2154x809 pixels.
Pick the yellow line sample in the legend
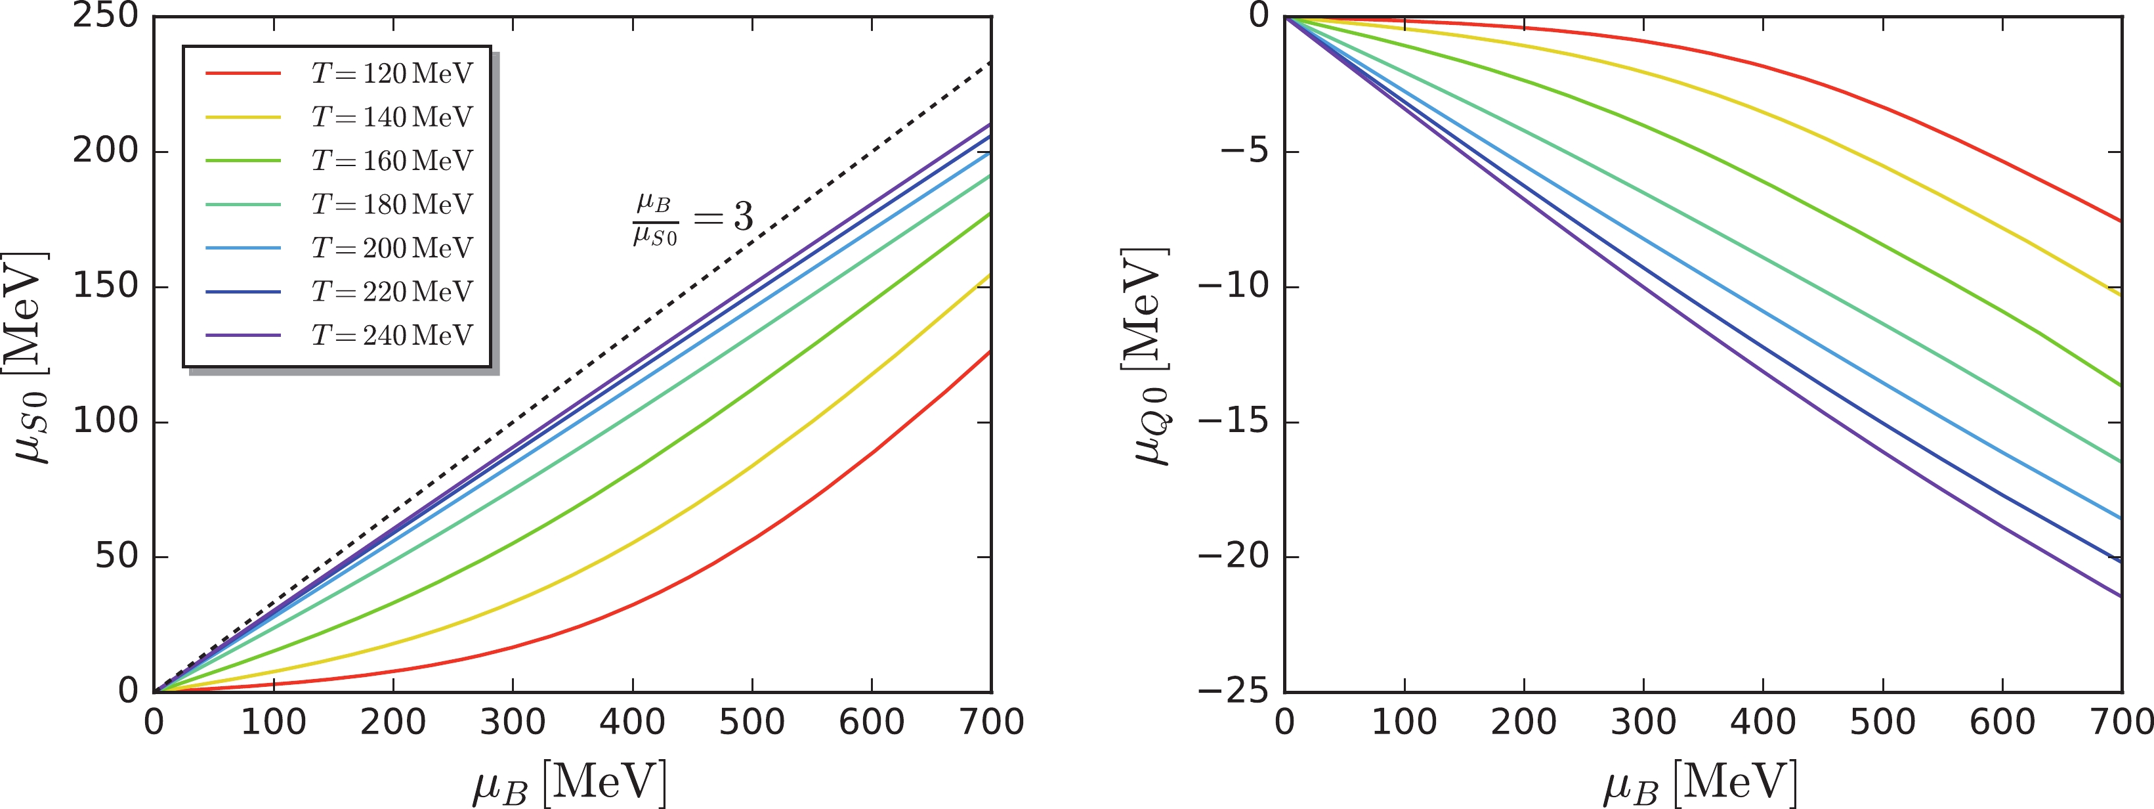click(242, 117)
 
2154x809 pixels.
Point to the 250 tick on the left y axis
click(106, 15)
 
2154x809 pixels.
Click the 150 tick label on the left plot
click(106, 286)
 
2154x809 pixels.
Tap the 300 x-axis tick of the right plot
click(1643, 722)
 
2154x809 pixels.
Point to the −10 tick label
click(1233, 286)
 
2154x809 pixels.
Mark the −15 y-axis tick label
click(1233, 421)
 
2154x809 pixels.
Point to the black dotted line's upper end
click(990, 63)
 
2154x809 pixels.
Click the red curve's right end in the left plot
click(990, 352)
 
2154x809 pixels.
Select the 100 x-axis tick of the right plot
click(1404, 722)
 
